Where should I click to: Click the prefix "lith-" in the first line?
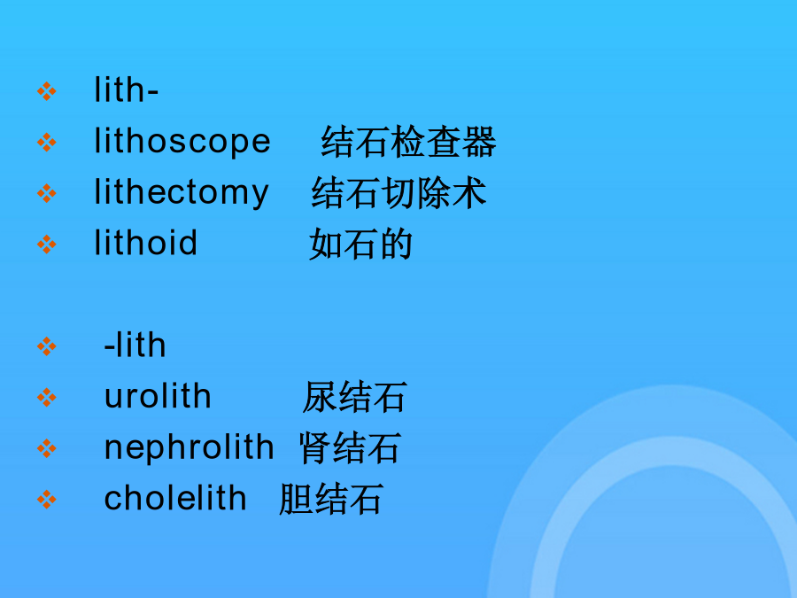coord(126,89)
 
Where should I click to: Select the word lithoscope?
coord(182,142)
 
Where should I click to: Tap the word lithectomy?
coord(181,193)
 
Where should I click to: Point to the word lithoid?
coord(145,242)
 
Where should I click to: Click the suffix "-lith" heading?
coord(135,345)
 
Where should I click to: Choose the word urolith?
coord(158,396)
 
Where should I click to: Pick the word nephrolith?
coord(190,448)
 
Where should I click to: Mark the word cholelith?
coord(175,497)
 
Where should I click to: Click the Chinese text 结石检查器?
coord(408,142)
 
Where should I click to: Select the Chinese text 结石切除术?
coord(399,193)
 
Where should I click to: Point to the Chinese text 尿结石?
coord(354,397)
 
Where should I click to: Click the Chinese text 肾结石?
coord(350,448)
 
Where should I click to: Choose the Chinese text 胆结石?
coord(330,499)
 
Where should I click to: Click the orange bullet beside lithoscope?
coord(47,143)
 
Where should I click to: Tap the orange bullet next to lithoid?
coord(47,245)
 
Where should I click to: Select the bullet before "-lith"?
coord(47,346)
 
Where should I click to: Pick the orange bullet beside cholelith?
coord(47,500)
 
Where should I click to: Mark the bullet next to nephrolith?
coord(47,448)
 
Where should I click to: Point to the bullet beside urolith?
coord(47,397)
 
